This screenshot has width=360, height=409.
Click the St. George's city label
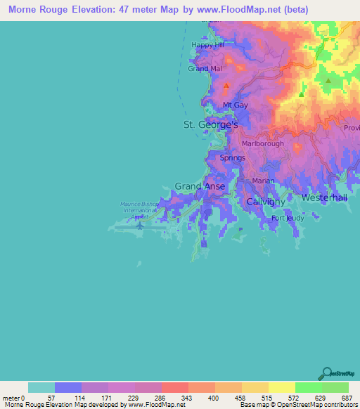tap(211, 124)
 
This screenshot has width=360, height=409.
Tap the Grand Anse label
tap(200, 186)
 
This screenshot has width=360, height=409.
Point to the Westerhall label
tap(324, 198)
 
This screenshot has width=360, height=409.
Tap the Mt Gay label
tap(236, 105)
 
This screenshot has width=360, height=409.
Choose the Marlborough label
tap(262, 144)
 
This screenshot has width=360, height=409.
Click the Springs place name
tap(233, 158)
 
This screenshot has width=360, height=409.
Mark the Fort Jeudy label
tap(288, 218)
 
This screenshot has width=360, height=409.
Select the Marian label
tap(263, 181)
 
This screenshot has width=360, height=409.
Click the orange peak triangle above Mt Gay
tap(226, 86)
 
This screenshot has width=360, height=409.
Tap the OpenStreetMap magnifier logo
tap(326, 372)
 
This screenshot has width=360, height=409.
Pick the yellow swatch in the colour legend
tap(281, 387)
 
